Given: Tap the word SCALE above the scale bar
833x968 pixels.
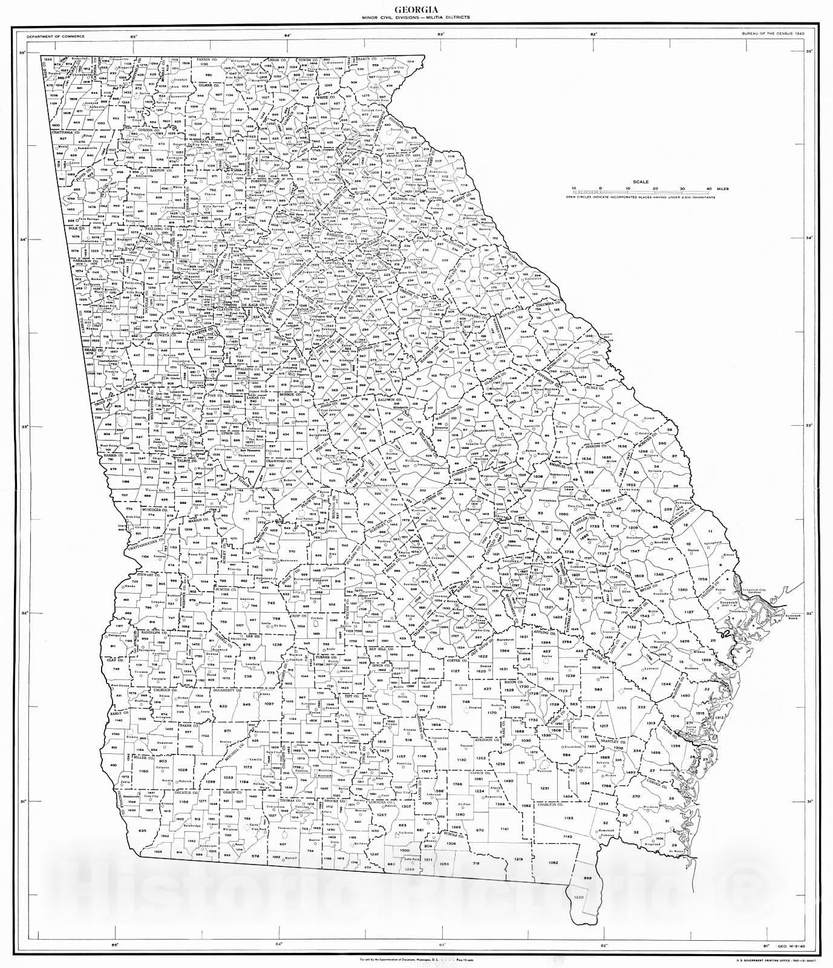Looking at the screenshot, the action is tap(640, 181).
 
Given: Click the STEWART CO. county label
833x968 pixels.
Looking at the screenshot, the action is tap(147, 573).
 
